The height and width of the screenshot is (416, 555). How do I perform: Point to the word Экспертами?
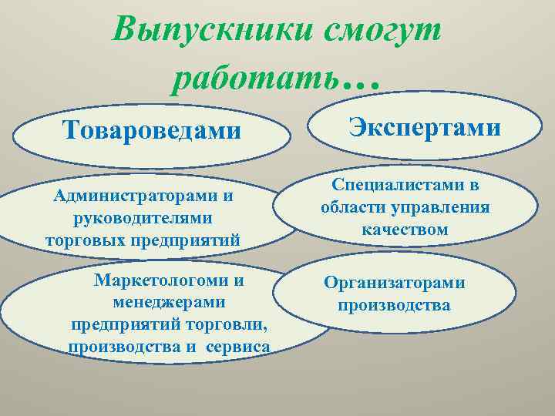click(425, 126)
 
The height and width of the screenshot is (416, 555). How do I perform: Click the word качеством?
click(405, 230)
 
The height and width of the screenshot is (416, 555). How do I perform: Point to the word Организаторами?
click(394, 283)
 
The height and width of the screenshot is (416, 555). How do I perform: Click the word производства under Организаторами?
click(394, 305)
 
